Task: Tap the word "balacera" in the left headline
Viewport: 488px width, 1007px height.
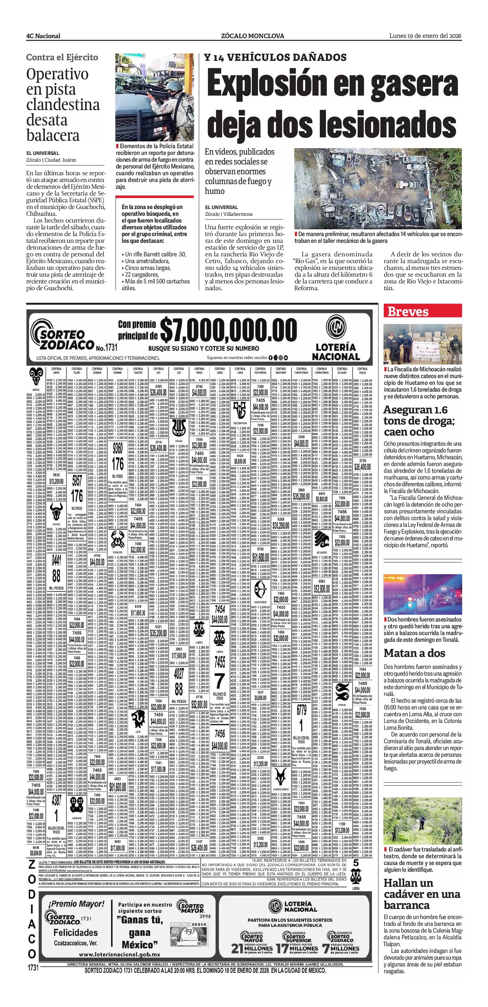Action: (53, 135)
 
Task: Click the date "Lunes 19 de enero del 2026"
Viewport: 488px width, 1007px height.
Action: (425, 36)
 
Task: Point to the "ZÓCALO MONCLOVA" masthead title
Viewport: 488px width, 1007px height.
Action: (252, 36)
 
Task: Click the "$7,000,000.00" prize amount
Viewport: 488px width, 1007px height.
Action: (228, 330)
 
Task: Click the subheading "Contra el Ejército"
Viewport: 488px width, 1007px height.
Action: (62, 57)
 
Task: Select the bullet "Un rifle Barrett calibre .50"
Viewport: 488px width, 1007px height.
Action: (155, 254)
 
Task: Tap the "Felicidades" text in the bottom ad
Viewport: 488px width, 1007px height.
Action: (75, 932)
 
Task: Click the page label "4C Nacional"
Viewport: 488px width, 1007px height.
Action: (43, 36)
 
